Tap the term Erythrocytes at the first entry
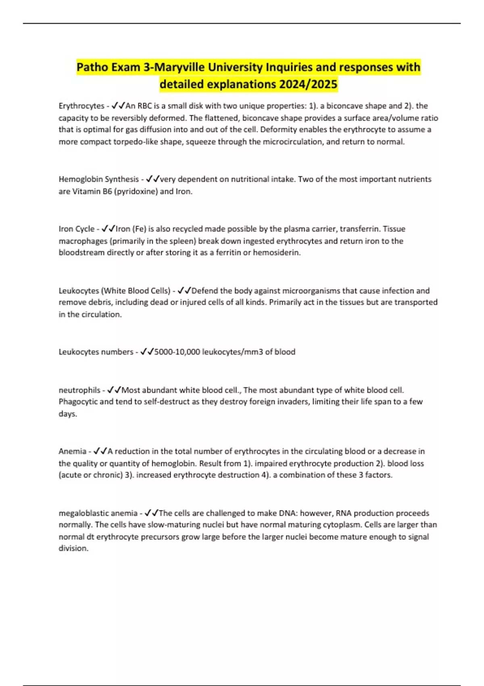tap(81, 106)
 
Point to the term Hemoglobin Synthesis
tap(98, 179)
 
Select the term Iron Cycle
tap(76, 229)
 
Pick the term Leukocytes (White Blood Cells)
tap(115, 291)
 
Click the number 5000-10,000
tap(177, 352)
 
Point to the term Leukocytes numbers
tap(96, 352)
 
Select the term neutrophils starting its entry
tap(79, 390)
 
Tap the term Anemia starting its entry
tap(72, 451)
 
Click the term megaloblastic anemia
tap(98, 513)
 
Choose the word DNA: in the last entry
tap(288, 513)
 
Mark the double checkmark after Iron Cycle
tap(108, 229)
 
